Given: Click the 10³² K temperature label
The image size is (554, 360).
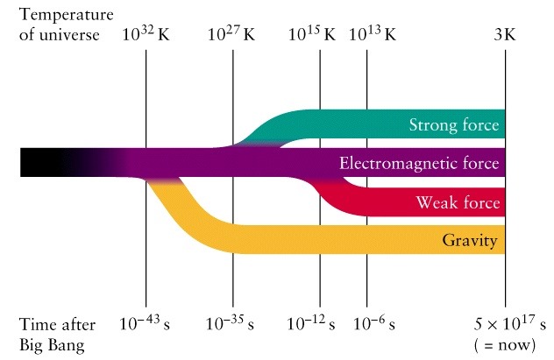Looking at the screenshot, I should coord(145,36).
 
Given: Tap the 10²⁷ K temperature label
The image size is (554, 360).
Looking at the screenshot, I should coord(231,36).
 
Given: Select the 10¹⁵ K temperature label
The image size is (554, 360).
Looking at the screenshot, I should coord(312,36).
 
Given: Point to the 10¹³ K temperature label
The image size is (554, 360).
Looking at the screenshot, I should coord(373,36).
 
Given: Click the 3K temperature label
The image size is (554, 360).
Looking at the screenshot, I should coord(505,36).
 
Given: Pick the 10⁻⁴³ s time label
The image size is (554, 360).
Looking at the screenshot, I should coord(146,323).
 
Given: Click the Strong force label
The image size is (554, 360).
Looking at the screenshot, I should coord(454,125).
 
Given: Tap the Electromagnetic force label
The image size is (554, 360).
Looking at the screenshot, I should coord(419,164).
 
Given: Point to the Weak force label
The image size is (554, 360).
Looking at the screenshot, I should coord(458,203).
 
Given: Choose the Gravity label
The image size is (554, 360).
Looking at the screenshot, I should coord(472,240).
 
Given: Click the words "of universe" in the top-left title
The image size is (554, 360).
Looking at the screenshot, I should coord(58,37).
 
